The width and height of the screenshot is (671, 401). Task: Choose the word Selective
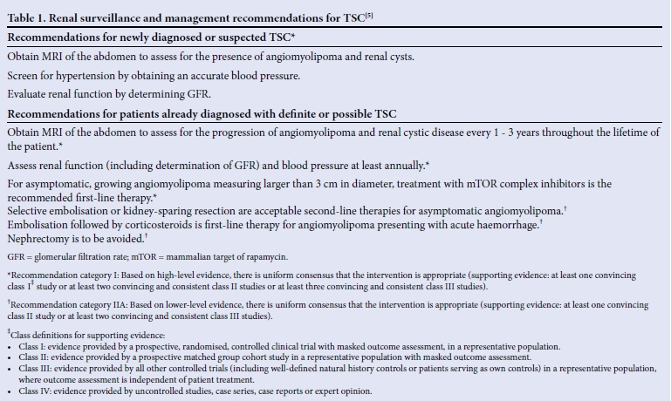pos(31,210)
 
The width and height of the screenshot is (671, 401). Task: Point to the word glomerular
pos(57,257)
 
